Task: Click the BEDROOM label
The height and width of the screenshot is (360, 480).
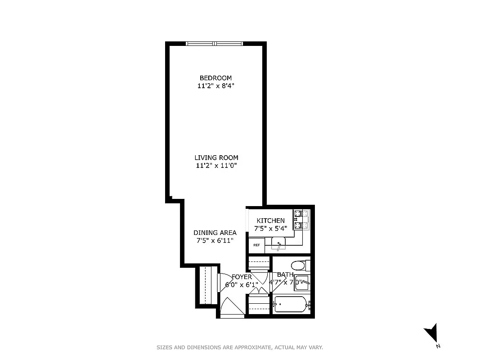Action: pyautogui.click(x=215, y=78)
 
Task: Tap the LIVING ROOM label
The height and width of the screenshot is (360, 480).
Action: pyautogui.click(x=216, y=157)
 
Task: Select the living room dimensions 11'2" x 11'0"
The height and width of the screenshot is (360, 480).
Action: pyautogui.click(x=216, y=166)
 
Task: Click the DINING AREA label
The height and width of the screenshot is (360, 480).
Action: pyautogui.click(x=215, y=233)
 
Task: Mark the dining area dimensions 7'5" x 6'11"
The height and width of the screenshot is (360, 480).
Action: pyautogui.click(x=215, y=241)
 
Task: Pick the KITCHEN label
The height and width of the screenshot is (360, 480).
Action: pyautogui.click(x=270, y=220)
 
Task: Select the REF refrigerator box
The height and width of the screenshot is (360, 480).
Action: pyautogui.click(x=256, y=245)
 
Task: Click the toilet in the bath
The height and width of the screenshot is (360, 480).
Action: pyautogui.click(x=298, y=265)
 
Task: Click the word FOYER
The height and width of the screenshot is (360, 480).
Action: pyautogui.click(x=242, y=277)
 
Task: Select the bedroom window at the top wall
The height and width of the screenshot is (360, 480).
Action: pyautogui.click(x=215, y=44)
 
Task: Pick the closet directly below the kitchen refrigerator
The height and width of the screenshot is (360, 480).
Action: pyautogui.click(x=259, y=262)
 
